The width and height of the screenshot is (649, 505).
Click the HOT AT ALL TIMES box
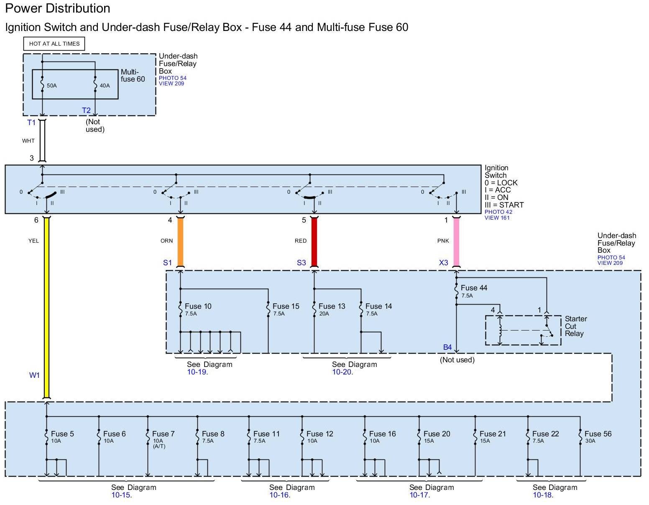(54, 44)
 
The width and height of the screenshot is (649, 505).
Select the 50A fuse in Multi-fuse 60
(42, 85)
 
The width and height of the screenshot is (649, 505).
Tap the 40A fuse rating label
(105, 86)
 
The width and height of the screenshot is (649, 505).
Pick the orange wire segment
(180, 242)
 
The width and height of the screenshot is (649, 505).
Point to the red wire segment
(314, 242)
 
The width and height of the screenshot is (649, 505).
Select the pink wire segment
(456, 242)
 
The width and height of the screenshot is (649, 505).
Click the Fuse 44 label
(474, 288)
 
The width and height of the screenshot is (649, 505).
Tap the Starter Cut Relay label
(576, 326)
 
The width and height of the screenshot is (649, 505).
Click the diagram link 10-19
(197, 372)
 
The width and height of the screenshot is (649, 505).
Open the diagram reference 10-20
(342, 372)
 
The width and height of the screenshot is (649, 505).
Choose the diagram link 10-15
(121, 495)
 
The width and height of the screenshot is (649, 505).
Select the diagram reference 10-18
(543, 495)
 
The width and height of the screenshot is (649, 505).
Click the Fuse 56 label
(598, 434)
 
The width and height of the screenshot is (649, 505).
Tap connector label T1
(31, 123)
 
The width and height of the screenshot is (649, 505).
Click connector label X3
(443, 263)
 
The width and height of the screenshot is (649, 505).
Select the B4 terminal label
(447, 347)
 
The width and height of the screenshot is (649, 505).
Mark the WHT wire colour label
(28, 141)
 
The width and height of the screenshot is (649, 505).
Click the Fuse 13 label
(332, 306)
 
